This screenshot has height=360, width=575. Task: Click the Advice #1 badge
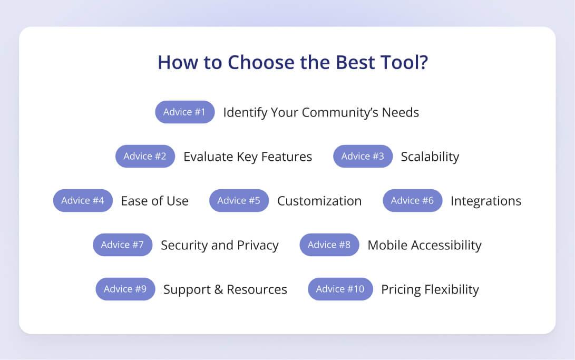185,112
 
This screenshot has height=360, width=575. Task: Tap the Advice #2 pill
145,156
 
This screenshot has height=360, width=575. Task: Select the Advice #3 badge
363,156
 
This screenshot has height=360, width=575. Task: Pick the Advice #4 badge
83,200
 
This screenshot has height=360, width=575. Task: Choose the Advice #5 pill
239,200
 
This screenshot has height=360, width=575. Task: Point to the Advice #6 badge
413,200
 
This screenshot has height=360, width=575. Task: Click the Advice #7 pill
122,245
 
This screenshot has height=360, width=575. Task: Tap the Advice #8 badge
329,245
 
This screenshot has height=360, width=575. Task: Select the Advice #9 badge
125,289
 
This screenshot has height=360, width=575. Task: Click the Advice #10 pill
340,289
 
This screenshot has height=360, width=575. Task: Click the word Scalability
430,157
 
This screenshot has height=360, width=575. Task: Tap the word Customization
319,201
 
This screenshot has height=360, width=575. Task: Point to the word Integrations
486,201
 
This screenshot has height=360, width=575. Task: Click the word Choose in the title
261,62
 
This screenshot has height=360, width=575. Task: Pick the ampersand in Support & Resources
219,289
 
